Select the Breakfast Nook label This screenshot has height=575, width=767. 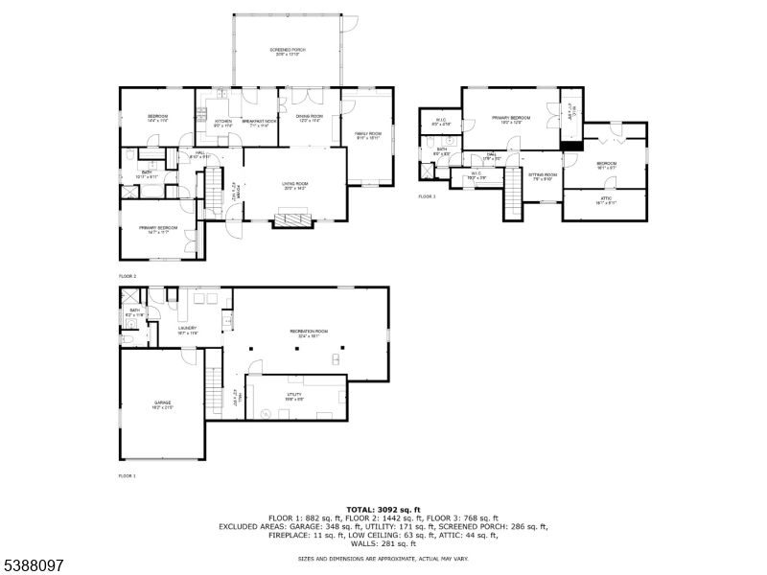point(259,122)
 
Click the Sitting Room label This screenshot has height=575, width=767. point(543,175)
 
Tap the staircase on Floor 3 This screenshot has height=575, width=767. point(515,195)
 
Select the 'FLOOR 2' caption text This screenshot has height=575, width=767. point(128,275)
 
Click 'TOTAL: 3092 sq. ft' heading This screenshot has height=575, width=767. point(383,509)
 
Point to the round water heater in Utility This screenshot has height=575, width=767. point(264,412)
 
